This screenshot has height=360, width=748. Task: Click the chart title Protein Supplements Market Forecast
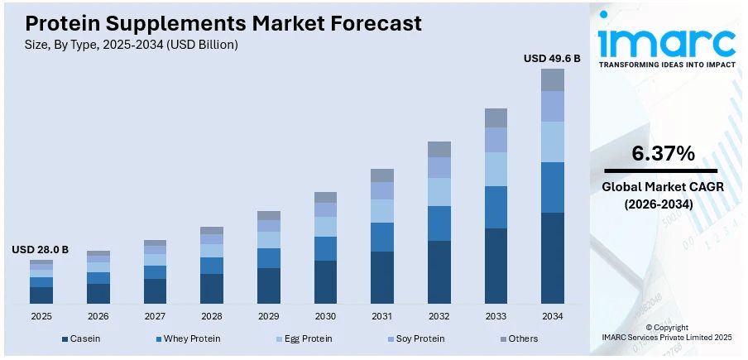pos(223,23)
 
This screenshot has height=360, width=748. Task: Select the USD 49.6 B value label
pos(552,58)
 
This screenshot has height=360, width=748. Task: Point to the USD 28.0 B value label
pos(40,249)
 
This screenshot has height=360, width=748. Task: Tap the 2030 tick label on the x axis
pos(325,316)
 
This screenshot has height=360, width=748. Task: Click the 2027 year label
pos(155,316)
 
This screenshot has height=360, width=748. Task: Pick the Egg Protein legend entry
pos(305,338)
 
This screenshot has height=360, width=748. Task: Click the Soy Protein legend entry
pos(417,338)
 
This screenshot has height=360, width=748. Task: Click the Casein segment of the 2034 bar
pos(552,257)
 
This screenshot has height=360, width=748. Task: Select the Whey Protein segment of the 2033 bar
pos(496,207)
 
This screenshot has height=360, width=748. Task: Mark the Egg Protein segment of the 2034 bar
pos(552,142)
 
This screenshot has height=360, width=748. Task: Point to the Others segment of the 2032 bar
pos(439,149)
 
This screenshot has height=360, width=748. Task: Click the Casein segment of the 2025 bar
pos(41,295)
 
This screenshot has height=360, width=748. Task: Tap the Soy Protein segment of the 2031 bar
pos(381,190)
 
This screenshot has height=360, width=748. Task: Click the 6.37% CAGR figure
pos(663,153)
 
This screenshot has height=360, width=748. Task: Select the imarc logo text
pos(667,41)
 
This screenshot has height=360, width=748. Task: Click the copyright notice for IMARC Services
pos(667,333)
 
